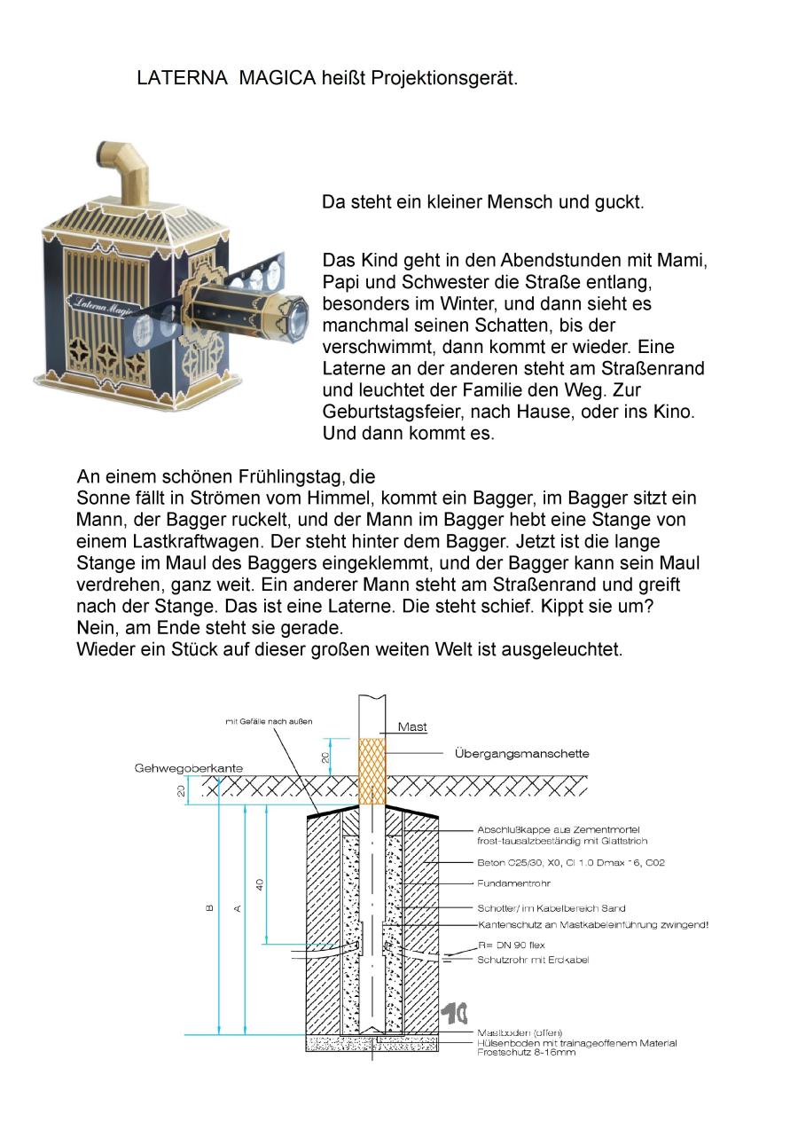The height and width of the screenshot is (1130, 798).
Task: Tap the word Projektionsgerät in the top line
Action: coord(443,78)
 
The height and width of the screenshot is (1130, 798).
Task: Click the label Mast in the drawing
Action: coord(412,727)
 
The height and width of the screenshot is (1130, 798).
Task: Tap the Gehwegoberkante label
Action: coord(189,767)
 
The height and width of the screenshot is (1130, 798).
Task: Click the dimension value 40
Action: coord(260,883)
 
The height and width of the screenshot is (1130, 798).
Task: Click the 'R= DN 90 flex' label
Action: coord(512,946)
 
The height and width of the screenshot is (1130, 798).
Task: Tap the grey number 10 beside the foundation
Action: coord(456,1012)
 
